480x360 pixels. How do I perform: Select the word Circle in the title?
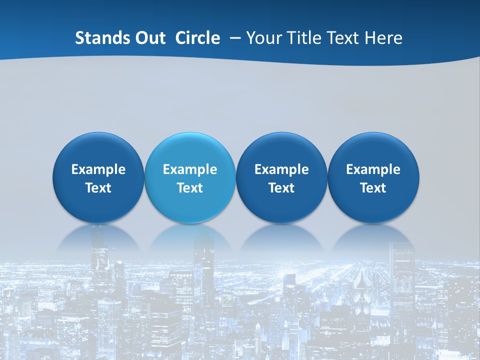(197, 38)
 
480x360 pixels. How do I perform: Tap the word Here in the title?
(383, 38)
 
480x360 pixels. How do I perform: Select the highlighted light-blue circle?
(190, 150)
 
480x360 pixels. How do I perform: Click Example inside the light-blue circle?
(190, 169)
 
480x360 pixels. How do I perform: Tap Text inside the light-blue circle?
(190, 188)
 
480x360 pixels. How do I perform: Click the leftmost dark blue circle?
(98, 150)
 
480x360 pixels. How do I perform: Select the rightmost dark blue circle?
(373, 150)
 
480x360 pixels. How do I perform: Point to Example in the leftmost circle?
(98, 169)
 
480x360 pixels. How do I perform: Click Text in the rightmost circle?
(373, 188)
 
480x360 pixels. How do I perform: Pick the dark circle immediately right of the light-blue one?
(281, 150)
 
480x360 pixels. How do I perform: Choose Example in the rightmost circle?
(373, 169)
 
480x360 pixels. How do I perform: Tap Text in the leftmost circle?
(98, 188)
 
